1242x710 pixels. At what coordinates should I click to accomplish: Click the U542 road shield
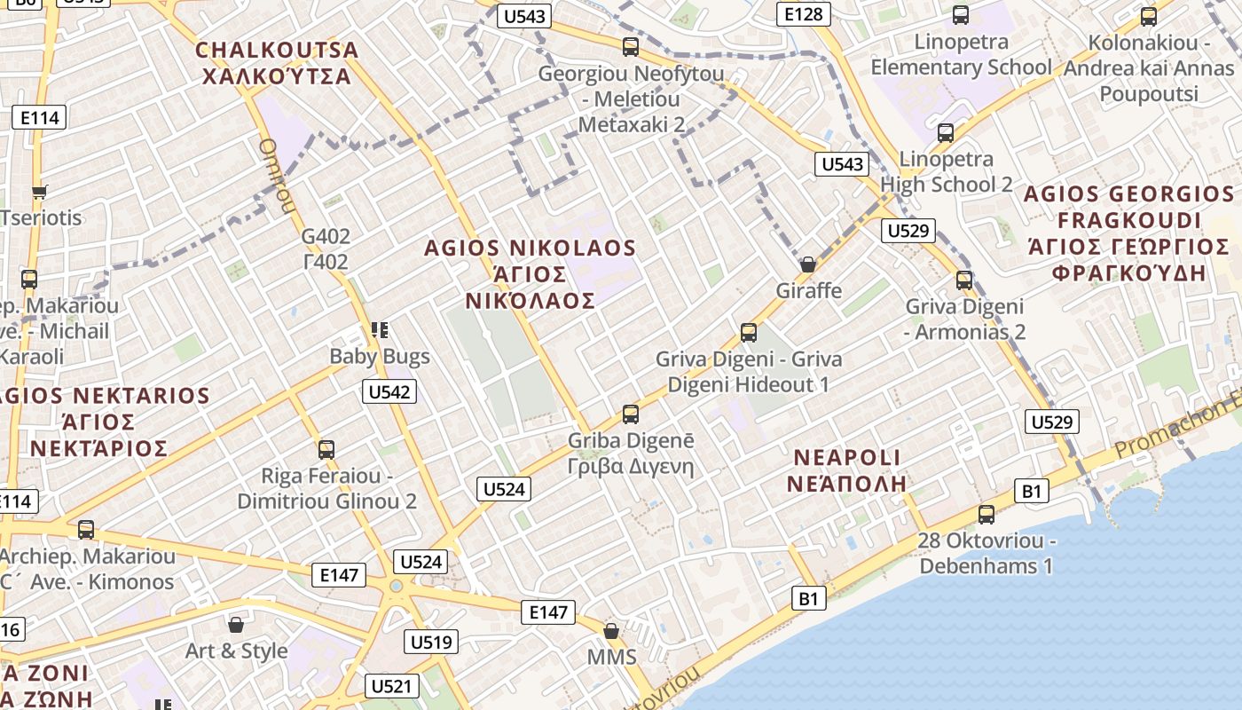pos(389,391)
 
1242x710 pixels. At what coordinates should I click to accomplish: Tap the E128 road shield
pos(805,13)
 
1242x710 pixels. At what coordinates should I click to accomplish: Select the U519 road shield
pos(431,642)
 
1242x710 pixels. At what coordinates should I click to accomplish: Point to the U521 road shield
pos(391,686)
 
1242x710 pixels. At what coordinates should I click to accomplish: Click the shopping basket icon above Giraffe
pos(807,264)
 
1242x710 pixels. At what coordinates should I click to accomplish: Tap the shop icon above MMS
pos(611,631)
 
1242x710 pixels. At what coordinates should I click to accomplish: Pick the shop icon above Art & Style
pos(236,625)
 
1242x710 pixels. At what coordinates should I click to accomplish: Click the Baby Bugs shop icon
pos(380,331)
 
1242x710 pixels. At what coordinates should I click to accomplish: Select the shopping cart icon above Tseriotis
pos(39,192)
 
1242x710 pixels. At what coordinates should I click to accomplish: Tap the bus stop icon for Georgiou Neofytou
pos(631,47)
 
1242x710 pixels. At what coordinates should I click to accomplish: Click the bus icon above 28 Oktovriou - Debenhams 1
pos(986,515)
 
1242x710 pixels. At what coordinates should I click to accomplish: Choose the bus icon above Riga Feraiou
pos(326,450)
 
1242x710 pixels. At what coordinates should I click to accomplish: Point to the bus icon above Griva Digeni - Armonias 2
pos(964,280)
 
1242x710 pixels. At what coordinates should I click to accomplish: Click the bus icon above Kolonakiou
pos(1149,16)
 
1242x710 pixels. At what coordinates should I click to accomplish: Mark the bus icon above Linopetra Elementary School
pos(961,15)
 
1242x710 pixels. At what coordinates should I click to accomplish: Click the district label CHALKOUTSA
pos(277,50)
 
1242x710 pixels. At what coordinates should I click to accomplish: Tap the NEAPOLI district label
pos(847,458)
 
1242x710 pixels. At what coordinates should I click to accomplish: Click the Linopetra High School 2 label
pos(946,171)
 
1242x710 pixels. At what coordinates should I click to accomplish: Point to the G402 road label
pos(326,237)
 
